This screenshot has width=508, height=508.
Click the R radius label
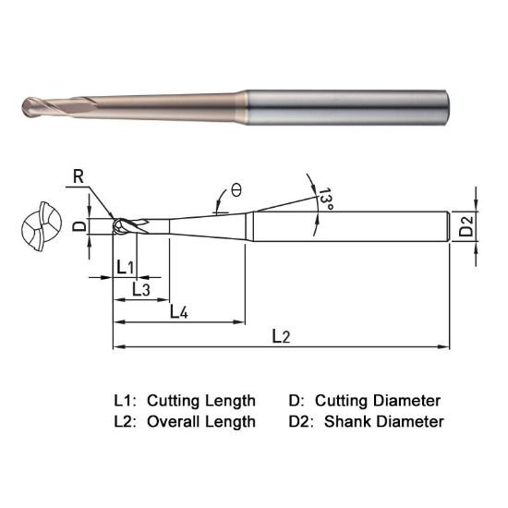tap(75, 172)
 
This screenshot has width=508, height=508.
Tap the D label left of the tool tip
tap(79, 224)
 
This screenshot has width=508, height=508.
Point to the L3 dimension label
tap(141, 289)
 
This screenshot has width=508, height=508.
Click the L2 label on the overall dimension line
tap(281, 337)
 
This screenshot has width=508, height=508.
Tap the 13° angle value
tap(325, 199)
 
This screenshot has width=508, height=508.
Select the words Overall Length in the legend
tap(202, 421)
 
